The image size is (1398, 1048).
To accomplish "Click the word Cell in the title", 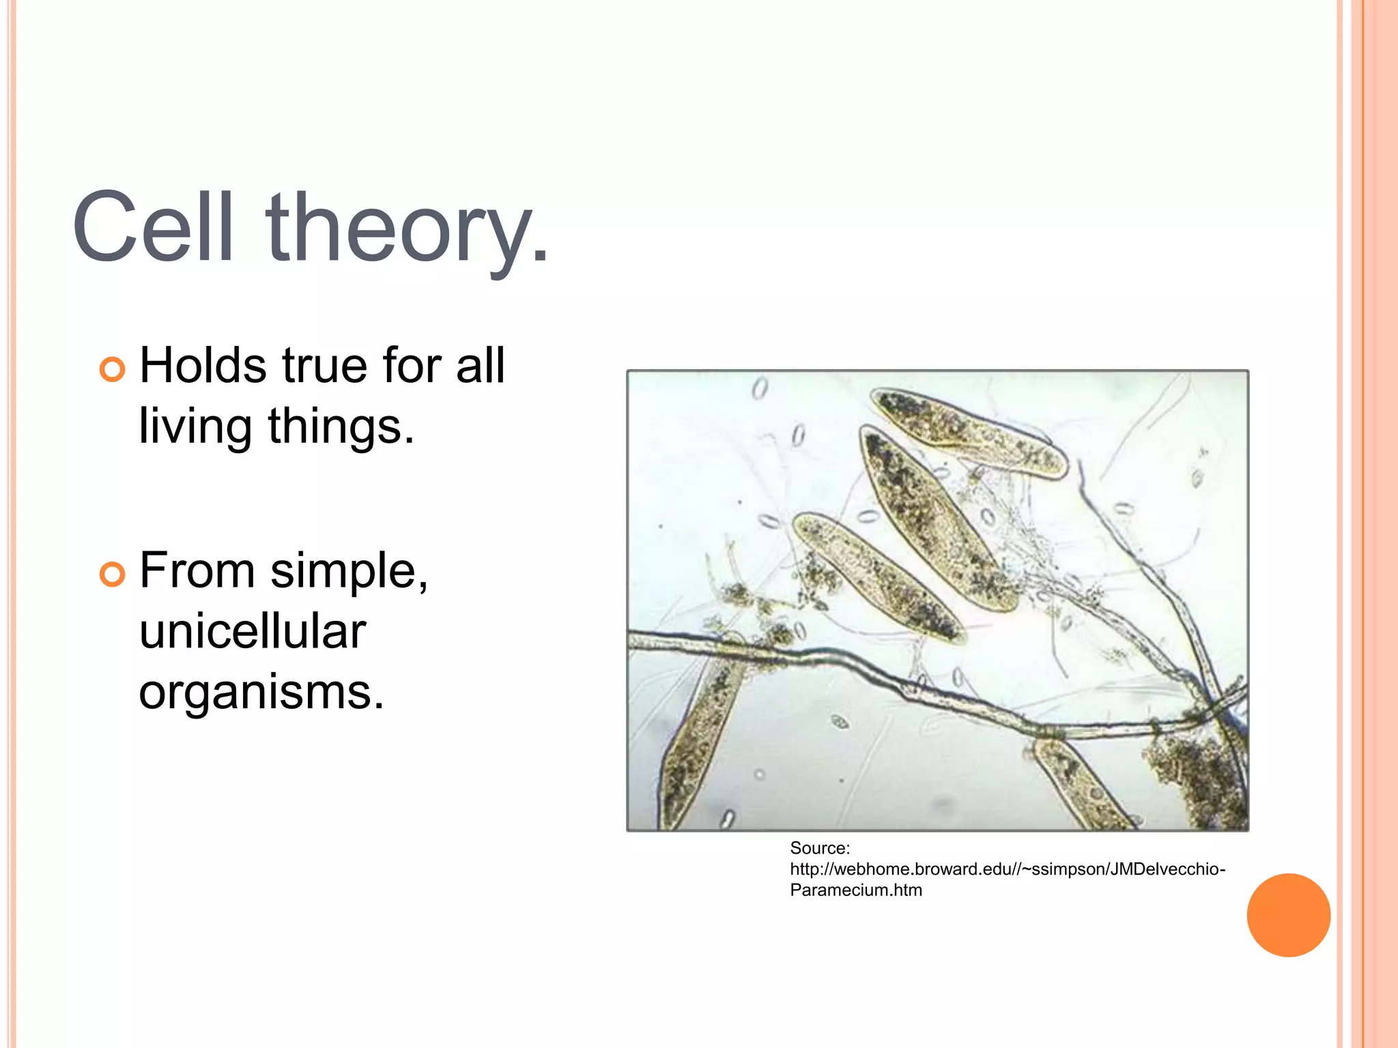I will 153,227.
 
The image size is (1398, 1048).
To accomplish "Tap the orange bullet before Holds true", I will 112,370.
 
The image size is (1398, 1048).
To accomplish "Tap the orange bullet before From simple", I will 112,574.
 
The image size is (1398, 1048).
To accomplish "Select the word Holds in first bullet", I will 203,366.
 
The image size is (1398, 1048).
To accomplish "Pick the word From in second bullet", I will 197,570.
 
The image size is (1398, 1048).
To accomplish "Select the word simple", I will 348,572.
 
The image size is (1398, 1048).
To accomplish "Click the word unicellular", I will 253,631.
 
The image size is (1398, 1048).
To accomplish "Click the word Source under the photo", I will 819,848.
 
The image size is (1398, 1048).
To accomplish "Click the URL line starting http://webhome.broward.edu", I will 1007,869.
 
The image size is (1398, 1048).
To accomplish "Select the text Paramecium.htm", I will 855,890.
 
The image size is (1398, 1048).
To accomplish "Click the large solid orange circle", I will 1288,915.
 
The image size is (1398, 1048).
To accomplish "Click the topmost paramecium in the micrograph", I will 969,433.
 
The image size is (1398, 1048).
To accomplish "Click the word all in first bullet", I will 481,366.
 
